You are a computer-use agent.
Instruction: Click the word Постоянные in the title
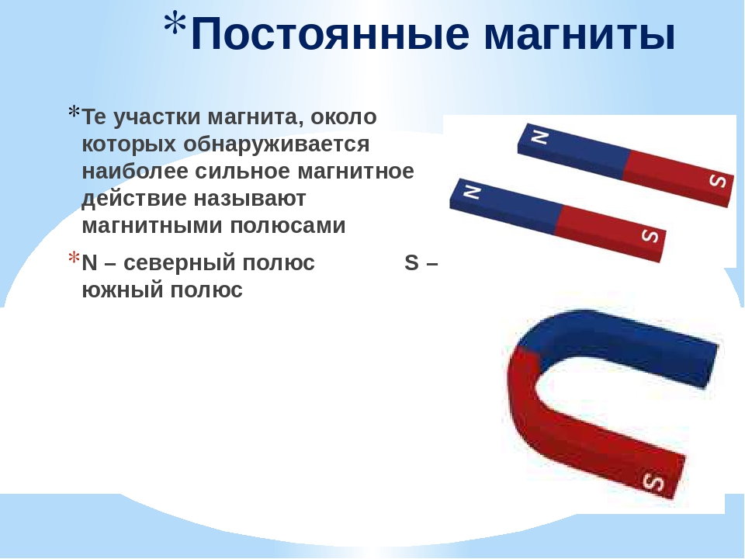coord(331,33)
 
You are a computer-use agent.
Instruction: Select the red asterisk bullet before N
coord(74,258)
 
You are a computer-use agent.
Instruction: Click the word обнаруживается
coord(276,144)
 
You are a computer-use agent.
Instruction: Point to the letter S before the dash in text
coord(411,263)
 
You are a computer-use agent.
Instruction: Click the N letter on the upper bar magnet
coord(539,137)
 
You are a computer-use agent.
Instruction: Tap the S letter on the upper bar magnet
coord(717,181)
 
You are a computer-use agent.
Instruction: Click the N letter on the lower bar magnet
coord(472,192)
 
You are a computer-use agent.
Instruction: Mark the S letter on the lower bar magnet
coord(650,234)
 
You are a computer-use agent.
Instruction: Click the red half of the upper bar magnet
coord(677,177)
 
